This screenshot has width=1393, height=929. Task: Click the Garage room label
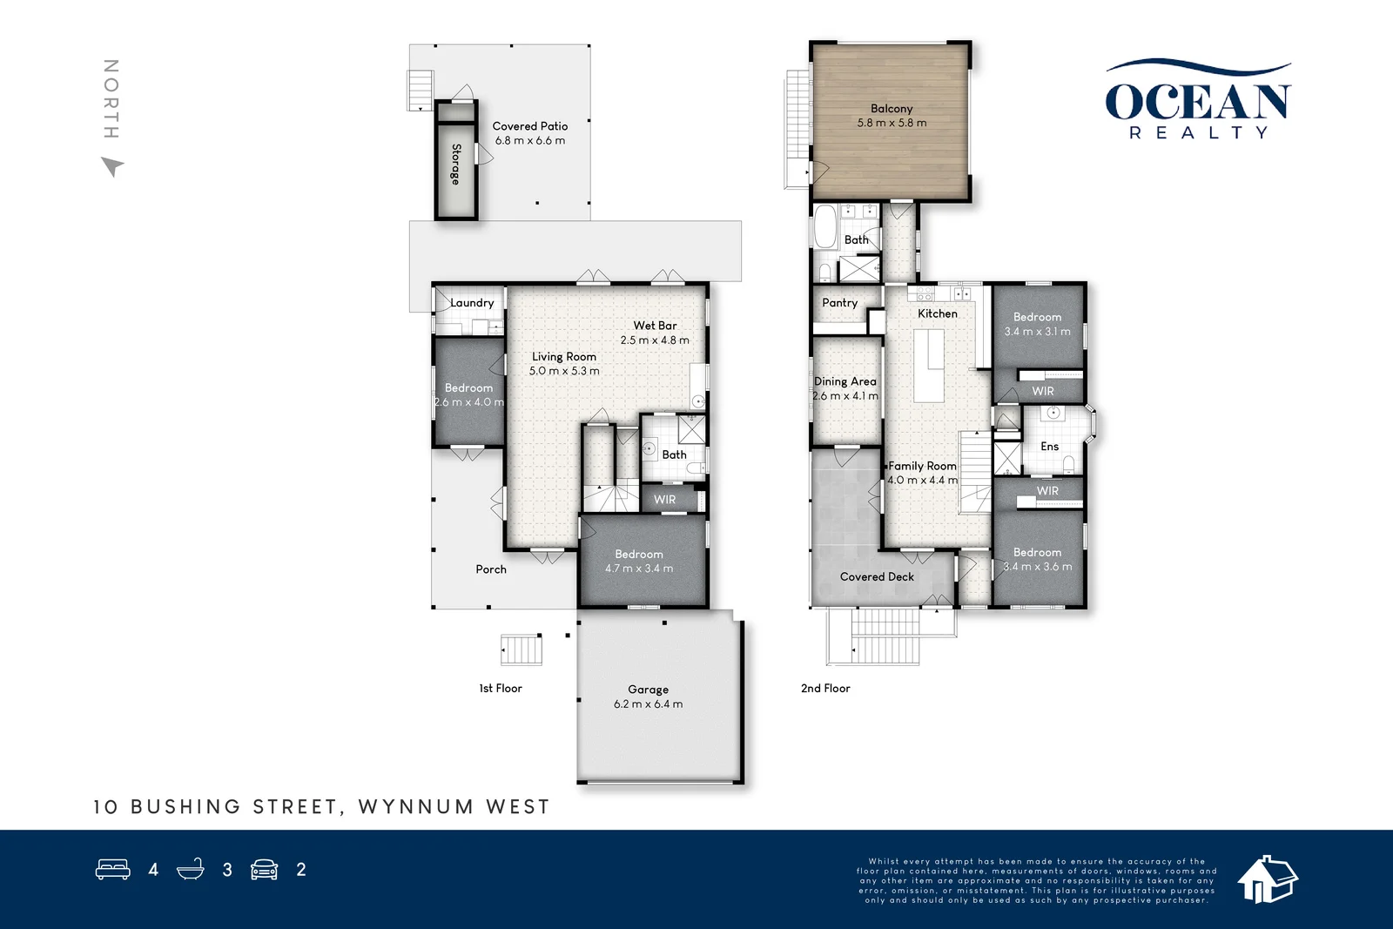click(648, 689)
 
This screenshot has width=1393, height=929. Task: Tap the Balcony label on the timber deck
click(892, 109)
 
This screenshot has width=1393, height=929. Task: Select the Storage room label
click(456, 165)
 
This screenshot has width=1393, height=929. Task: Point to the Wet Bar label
click(655, 326)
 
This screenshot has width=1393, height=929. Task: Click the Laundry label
click(472, 303)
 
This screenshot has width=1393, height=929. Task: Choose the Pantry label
click(839, 303)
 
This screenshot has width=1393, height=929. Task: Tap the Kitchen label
click(937, 313)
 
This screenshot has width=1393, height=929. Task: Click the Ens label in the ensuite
click(1050, 447)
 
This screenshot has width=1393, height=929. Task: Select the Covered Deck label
click(877, 576)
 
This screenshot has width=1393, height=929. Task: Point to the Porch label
click(491, 569)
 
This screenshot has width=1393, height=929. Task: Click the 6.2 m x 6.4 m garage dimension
click(648, 703)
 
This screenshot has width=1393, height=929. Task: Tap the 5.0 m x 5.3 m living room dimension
click(564, 371)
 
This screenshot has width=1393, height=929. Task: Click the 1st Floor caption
click(501, 689)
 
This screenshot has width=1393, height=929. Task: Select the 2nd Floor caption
click(825, 689)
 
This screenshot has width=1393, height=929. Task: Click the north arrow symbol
click(112, 166)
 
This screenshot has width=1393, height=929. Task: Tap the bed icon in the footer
click(112, 869)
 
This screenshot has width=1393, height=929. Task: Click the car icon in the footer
click(265, 869)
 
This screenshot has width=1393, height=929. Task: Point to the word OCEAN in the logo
click(1198, 101)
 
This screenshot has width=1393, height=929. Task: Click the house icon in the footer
click(1268, 879)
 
